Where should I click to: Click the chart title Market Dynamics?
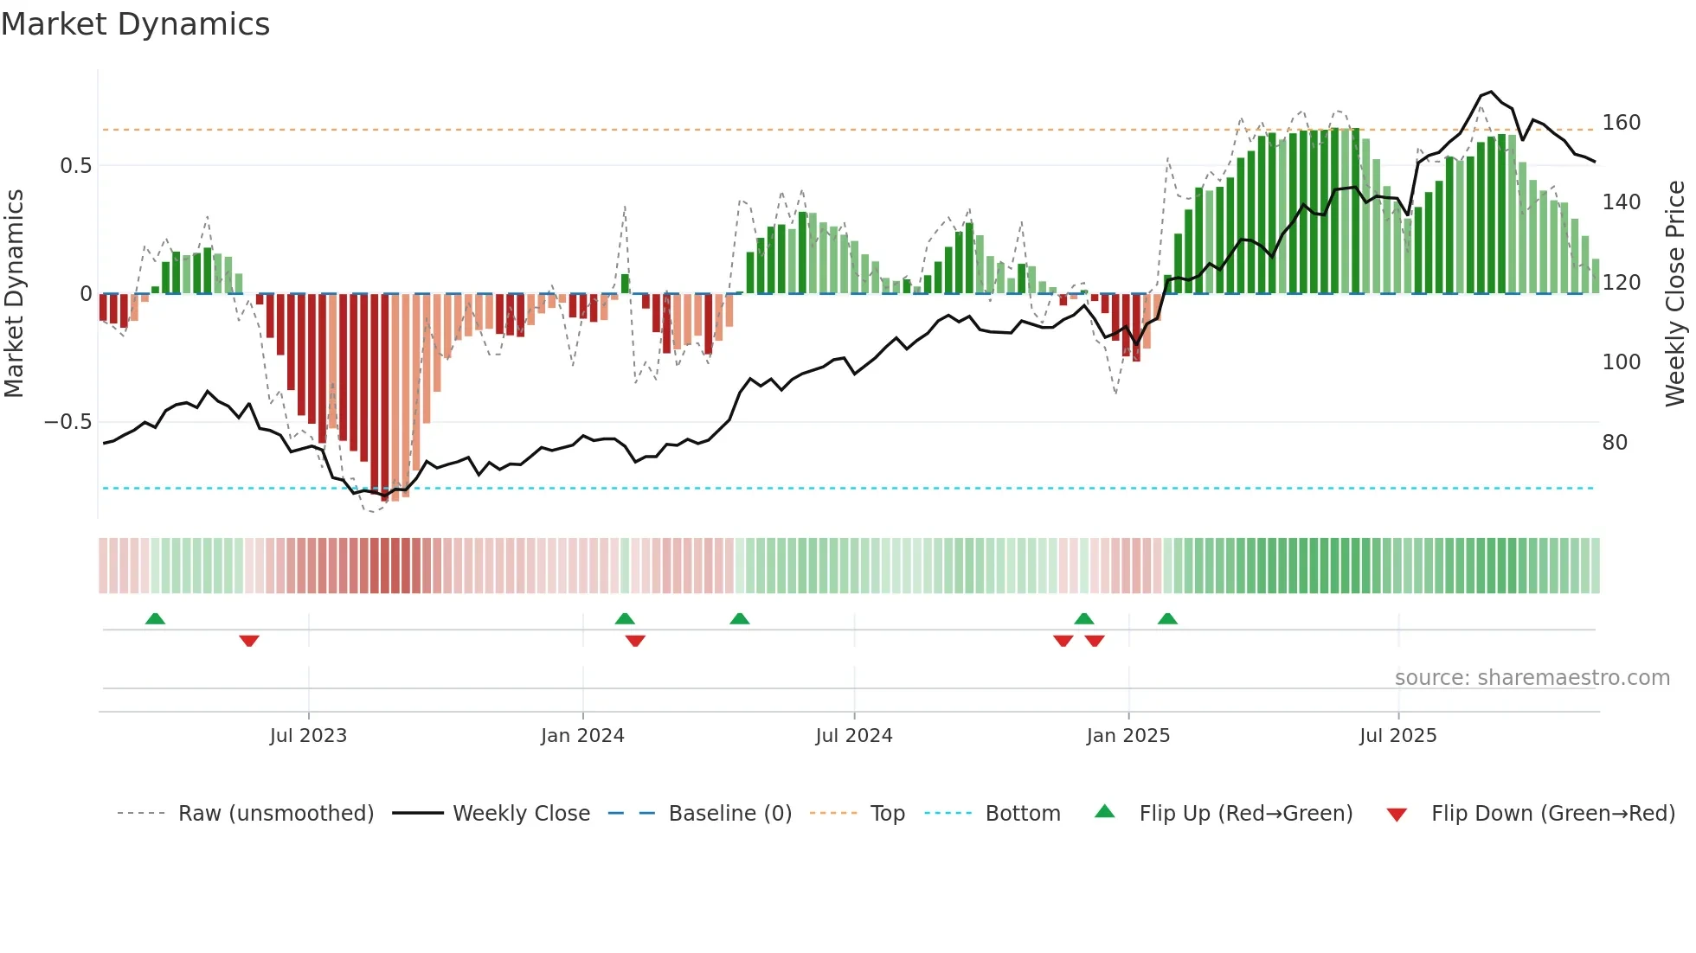(135, 24)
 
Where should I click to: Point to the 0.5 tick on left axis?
(75, 165)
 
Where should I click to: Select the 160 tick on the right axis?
(1621, 123)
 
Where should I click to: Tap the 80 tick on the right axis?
(1615, 443)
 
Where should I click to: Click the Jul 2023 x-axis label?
(308, 736)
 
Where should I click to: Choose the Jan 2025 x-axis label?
(1127, 736)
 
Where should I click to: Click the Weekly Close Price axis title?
(1675, 294)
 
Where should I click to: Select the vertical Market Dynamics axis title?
(14, 294)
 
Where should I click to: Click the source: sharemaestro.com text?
(1532, 678)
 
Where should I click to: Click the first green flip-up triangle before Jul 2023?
(155, 619)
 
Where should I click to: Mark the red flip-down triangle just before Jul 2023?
(249, 641)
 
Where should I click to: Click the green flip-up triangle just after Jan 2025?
(1167, 619)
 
